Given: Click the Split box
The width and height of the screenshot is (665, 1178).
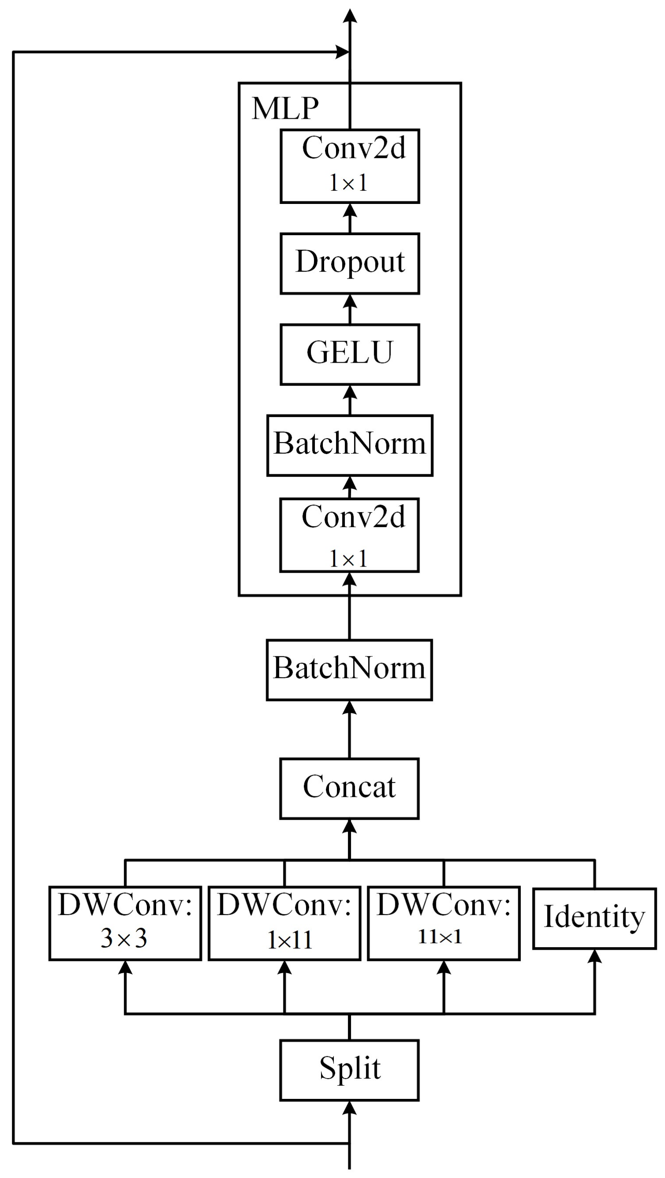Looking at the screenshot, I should pos(349,1070).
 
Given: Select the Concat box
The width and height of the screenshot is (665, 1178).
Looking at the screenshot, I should pos(349,789).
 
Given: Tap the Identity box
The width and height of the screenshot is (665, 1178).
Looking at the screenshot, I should pos(594,918).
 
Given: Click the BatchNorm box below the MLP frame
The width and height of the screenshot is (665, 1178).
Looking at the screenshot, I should pos(349,669).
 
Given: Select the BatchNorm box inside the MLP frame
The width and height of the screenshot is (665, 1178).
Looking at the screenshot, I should pos(350,445).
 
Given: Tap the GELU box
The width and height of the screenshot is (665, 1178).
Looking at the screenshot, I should pos(350,354).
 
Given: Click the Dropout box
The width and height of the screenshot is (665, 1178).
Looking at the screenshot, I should pos(350,263).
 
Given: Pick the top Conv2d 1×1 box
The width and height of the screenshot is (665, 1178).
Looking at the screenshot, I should pos(350,166).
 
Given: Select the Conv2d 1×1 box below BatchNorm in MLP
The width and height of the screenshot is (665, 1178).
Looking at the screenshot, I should pos(349,534).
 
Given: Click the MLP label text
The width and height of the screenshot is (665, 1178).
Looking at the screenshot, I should pos(285,109).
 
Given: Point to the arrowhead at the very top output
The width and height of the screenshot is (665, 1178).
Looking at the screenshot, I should pos(350,15).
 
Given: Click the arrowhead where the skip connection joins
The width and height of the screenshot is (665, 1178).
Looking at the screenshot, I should pos(342,52).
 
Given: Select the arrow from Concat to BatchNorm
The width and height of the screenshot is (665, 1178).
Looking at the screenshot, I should pos(349,729).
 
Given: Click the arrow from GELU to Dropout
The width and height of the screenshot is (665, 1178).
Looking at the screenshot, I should pos(350,309).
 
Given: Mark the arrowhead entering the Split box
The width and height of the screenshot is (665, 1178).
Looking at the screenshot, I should pos(349,1109).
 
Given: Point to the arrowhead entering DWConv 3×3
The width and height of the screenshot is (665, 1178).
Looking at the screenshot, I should pos(125,967).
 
